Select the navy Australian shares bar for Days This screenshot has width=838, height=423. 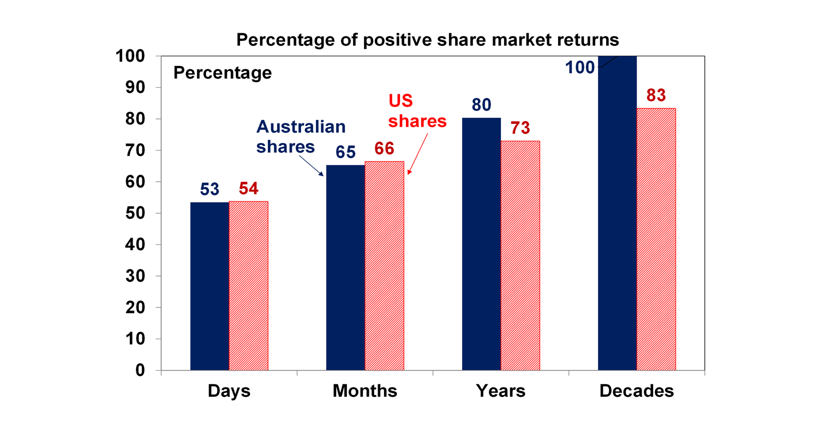pyautogui.click(x=209, y=286)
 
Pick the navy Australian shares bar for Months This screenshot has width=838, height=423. pyautogui.click(x=345, y=267)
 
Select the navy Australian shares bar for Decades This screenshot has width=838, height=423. pyautogui.click(x=616, y=213)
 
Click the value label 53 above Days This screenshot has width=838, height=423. pyautogui.click(x=209, y=189)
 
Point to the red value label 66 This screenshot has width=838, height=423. pyautogui.click(x=385, y=148)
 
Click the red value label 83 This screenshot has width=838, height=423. pyautogui.click(x=656, y=95)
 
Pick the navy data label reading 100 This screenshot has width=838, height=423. pyautogui.click(x=579, y=67)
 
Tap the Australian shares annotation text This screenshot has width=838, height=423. pyautogui.click(x=301, y=136)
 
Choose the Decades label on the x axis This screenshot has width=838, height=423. pyautogui.click(x=636, y=391)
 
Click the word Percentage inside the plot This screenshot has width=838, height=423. pyautogui.click(x=223, y=73)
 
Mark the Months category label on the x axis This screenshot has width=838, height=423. pyautogui.click(x=364, y=391)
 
